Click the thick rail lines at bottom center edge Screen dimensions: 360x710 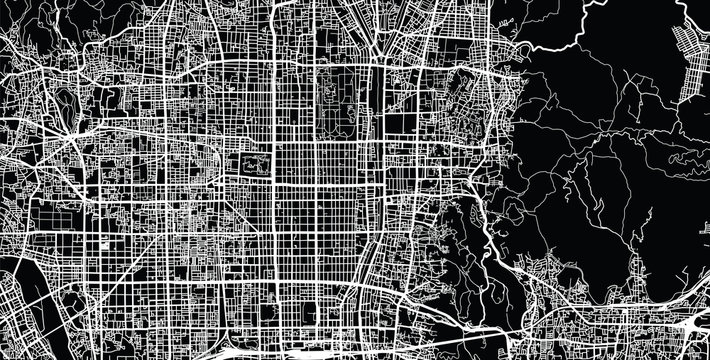(330, 350)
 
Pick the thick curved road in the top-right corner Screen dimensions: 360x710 (690, 15)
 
